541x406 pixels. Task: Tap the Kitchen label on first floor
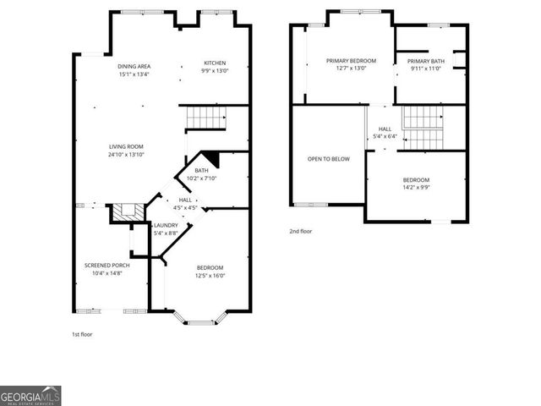click(x=216, y=63)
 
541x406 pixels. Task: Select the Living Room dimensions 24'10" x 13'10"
click(x=126, y=155)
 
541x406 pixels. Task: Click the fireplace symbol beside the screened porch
click(x=127, y=211)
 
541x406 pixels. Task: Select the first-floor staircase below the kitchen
click(x=205, y=118)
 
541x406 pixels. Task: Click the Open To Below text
click(x=329, y=158)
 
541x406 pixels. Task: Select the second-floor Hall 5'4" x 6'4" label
click(x=387, y=132)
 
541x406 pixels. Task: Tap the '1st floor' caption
click(x=82, y=334)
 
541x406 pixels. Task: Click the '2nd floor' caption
click(x=301, y=231)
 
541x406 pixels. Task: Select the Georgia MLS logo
click(x=30, y=396)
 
